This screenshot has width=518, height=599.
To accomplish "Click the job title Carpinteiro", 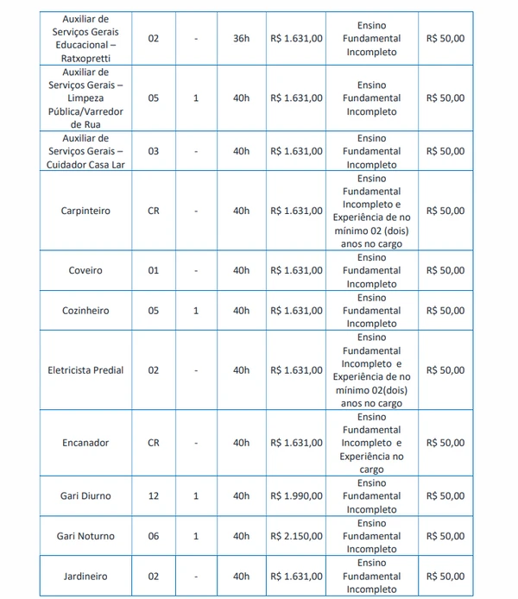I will pos(85,211).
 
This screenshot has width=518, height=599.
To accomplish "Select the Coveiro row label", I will pos(85,270).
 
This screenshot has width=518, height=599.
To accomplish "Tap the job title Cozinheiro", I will pos(85,311).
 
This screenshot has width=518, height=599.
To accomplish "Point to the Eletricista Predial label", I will pos(85,370).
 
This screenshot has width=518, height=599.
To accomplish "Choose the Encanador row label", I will pos(85,443).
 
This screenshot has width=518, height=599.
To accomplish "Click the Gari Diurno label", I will pos(85,496).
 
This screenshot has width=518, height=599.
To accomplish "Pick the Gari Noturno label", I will pos(85,536).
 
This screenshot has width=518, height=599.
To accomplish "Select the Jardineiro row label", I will pos(85,577).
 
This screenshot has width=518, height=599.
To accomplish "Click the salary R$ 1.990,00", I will pos(297,496).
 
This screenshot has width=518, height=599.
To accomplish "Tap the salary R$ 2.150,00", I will pos(297,536).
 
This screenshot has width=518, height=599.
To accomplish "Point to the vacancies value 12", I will pos(154,496).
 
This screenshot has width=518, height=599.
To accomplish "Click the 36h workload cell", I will pos(241,39).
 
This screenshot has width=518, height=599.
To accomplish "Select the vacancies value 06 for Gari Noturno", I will pos(154,536).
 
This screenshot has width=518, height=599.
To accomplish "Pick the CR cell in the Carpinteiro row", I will pos(154,211).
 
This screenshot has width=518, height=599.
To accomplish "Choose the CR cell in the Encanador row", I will pos(154,443).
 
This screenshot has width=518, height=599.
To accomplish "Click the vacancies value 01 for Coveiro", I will pos(154,270).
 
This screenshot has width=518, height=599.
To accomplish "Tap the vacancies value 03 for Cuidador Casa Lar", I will pos(154,151).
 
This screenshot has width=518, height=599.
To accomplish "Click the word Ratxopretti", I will pos(85,59).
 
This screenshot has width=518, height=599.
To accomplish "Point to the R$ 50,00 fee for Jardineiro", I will pos(445,577).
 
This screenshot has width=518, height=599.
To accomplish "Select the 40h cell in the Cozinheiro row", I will pos(241,311).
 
